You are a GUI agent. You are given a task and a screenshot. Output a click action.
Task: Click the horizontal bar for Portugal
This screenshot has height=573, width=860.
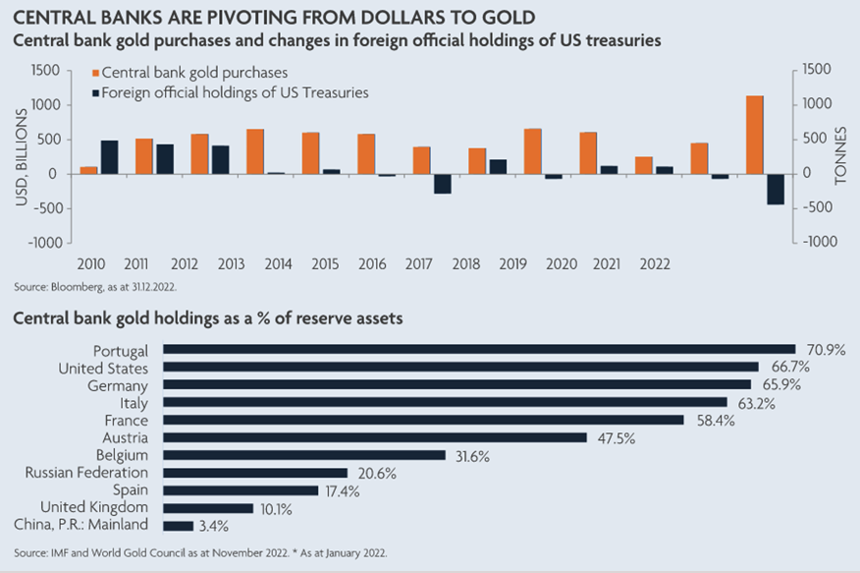(478, 350)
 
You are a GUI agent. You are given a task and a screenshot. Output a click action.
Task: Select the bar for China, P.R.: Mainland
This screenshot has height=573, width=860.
(178, 526)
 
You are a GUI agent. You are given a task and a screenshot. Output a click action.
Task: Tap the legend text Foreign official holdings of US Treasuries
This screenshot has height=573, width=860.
(236, 92)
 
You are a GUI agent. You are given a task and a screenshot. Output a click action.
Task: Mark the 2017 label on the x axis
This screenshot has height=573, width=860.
(421, 263)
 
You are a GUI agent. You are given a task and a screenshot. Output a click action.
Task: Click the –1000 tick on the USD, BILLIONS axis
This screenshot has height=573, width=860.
(53, 242)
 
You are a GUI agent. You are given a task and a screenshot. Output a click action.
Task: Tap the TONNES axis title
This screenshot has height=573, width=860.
(841, 155)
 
